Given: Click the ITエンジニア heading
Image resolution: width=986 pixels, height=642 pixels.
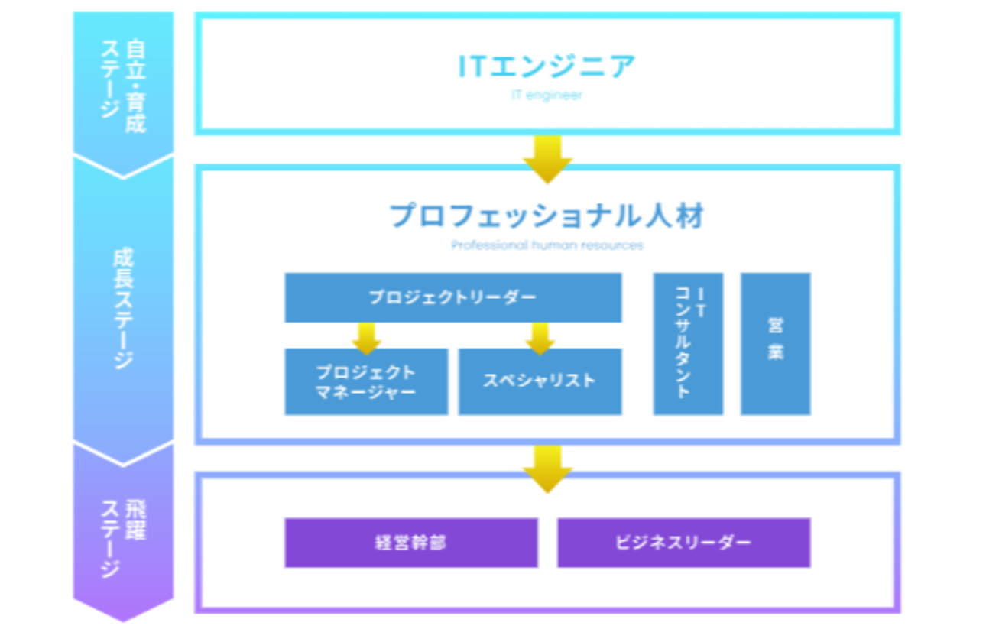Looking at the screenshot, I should (547, 66).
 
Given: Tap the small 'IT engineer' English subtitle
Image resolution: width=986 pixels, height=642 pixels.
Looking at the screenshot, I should (547, 96).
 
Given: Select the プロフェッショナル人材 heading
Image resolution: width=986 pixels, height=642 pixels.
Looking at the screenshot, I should (547, 216).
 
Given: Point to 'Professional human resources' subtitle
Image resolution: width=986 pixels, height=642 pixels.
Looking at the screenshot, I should (547, 245).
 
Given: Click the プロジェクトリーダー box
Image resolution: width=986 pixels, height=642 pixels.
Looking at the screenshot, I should (452, 297).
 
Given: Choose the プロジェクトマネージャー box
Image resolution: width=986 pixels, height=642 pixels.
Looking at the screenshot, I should (366, 381).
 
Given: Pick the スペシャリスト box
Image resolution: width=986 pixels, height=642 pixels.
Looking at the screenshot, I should (540, 381).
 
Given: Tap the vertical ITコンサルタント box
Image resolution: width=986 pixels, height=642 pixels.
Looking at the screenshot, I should (687, 344).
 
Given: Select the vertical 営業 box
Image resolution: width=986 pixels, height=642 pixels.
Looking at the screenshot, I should (775, 344).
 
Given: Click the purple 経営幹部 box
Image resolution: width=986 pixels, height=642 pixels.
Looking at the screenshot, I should (410, 543).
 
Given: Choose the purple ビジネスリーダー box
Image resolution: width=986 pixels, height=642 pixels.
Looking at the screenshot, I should (683, 543).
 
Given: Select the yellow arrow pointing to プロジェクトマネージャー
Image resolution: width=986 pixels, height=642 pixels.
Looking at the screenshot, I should (366, 337).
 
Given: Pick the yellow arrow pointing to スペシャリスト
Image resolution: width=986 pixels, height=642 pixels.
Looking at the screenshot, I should (540, 337).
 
